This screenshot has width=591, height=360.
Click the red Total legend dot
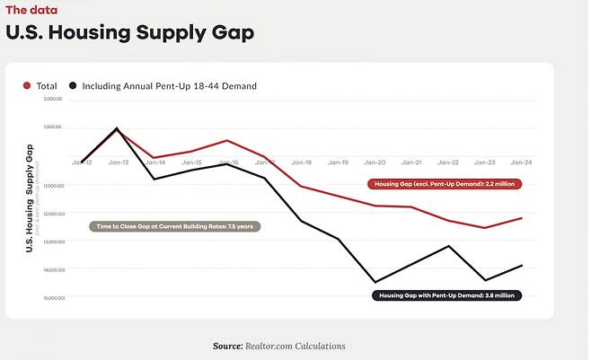point(28,86)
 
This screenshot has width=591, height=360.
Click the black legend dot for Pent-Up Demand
point(73,86)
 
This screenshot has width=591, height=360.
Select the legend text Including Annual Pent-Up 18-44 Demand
point(169,86)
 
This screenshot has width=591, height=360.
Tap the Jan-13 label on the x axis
point(119,162)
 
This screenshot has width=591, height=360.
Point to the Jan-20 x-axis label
point(375,162)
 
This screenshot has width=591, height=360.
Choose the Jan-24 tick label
point(521,162)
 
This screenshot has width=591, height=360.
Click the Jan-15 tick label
point(191,162)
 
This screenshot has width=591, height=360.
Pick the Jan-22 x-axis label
point(448,162)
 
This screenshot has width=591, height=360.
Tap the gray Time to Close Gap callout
point(174,226)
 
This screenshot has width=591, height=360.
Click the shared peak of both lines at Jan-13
point(118,128)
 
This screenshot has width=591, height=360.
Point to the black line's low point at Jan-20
point(375,282)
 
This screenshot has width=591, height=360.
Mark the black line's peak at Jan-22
point(448,246)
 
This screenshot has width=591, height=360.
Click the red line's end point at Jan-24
point(522,218)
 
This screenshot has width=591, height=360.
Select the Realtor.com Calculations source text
point(278,346)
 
